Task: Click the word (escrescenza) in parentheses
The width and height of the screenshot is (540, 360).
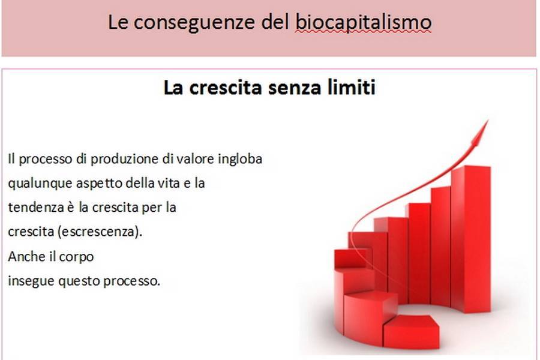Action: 100,232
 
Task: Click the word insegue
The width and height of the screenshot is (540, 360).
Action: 31,281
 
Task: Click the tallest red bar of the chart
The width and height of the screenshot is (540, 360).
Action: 471,238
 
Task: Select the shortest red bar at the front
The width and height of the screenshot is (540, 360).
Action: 411,331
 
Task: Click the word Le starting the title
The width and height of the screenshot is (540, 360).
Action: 118,23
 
